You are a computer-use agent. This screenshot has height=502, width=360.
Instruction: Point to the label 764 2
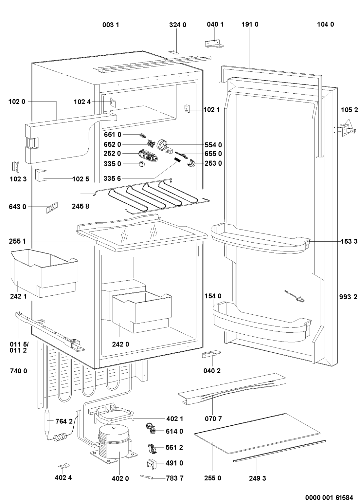[x=64, y=421]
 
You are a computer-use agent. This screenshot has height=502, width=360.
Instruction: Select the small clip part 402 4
[x=63, y=466]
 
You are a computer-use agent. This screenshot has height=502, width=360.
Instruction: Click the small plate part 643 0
[x=52, y=207]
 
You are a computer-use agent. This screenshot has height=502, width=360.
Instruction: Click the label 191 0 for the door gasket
[x=250, y=25]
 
